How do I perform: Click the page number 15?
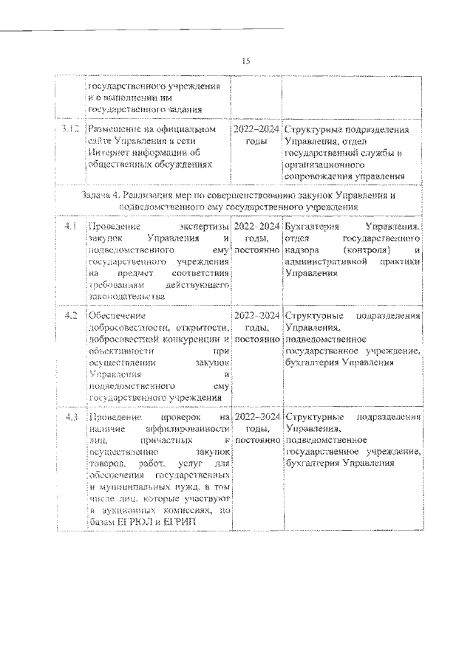point(246,61)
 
